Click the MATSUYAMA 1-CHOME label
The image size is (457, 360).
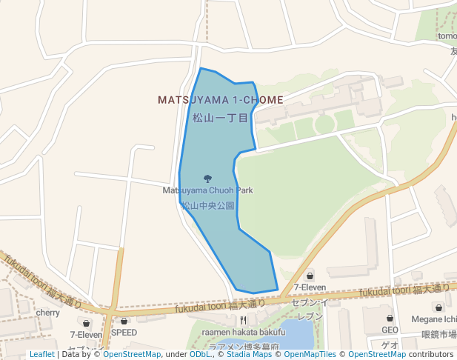click(220, 99)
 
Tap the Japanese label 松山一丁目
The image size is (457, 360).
click(220, 117)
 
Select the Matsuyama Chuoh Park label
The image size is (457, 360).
click(207, 190)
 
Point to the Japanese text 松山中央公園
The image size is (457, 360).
click(208, 205)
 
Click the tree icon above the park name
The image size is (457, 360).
click(207, 178)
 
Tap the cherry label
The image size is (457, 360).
click(48, 313)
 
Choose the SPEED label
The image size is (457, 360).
click(124, 333)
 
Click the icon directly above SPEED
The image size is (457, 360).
click(124, 321)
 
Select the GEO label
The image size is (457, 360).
click(390, 330)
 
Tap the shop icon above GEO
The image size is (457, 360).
click(390, 319)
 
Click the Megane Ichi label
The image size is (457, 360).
click(433, 319)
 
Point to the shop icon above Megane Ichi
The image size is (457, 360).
click(438, 307)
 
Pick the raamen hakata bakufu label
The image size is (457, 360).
click(244, 333)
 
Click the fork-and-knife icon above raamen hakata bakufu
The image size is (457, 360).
click(243, 321)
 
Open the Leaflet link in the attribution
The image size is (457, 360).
click(41, 354)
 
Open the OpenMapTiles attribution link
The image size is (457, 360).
click(313, 354)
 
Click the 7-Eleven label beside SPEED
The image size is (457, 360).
click(86, 335)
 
